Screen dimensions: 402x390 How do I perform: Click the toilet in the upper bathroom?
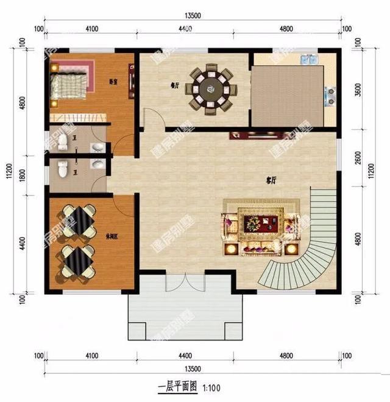click(x=63, y=142)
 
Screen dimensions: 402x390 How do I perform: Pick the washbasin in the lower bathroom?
click(x=96, y=164)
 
